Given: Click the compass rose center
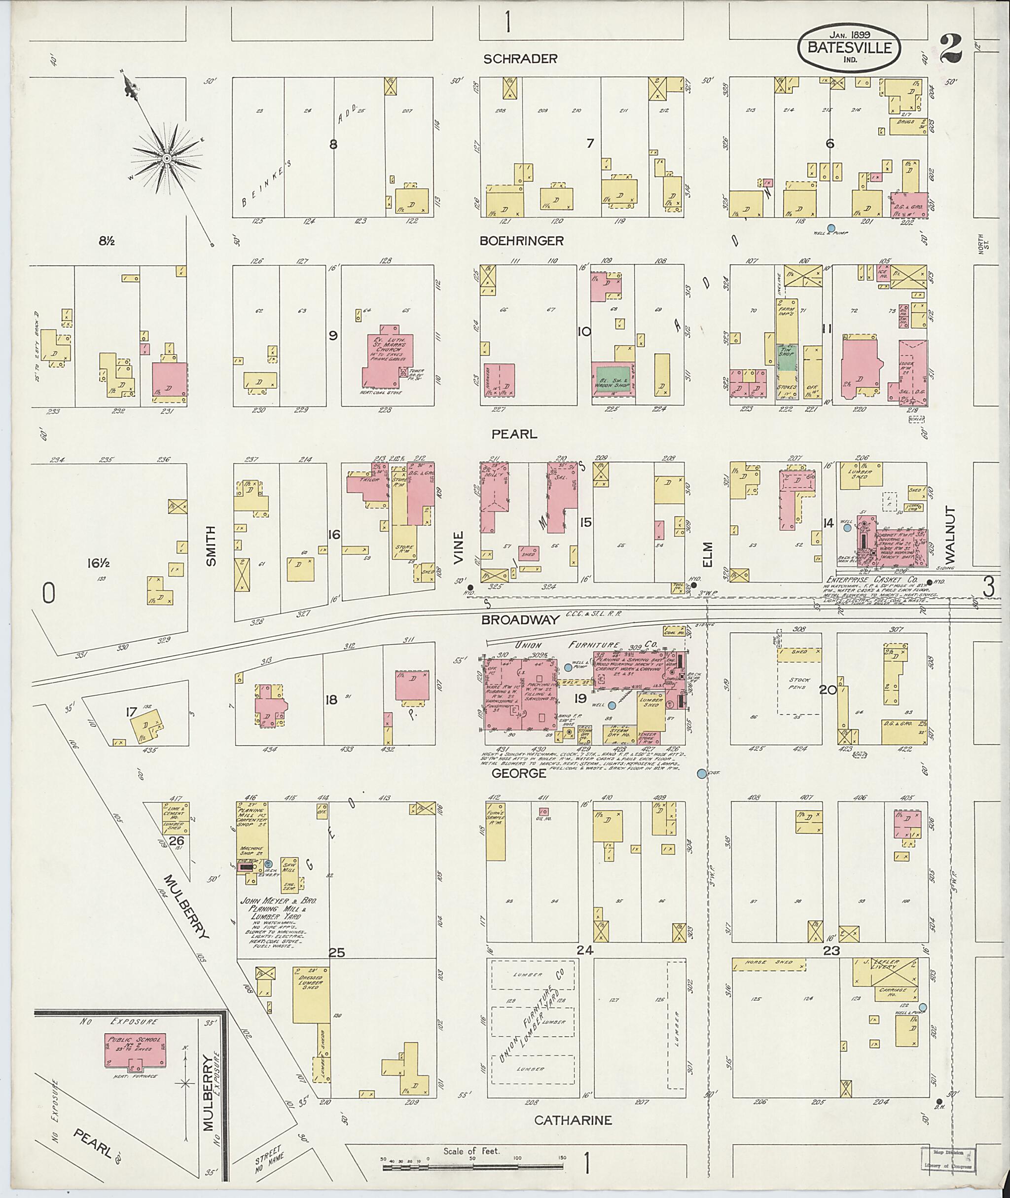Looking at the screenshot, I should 166,158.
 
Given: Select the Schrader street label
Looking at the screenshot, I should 520,59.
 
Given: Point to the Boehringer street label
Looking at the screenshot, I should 522,241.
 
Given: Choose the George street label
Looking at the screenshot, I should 519,774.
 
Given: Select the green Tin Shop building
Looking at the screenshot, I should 786,358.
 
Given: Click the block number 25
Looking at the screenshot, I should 337,952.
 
